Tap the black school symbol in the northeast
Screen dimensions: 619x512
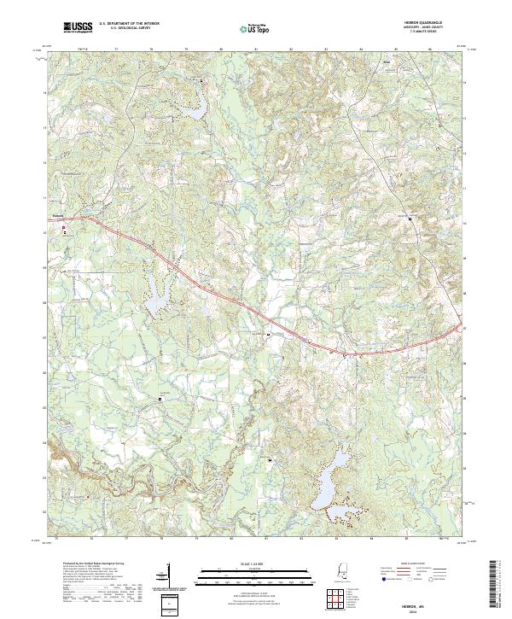(x=410, y=219)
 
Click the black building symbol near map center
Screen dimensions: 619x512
(x=270, y=335)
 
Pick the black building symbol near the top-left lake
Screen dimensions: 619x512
(x=202, y=82)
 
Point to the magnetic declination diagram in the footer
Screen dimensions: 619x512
(x=168, y=575)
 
